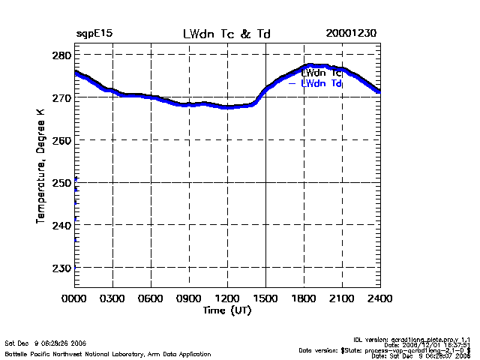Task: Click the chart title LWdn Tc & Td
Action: [x=226, y=34]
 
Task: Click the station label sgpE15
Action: [x=94, y=34]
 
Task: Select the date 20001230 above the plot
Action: [x=351, y=34]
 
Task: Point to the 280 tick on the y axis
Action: [x=61, y=56]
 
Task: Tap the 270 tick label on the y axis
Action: [x=61, y=98]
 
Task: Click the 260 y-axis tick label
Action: [x=61, y=140]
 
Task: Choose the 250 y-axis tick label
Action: [x=61, y=182]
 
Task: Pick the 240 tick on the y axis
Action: [x=61, y=225]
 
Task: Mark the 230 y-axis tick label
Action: [x=61, y=267]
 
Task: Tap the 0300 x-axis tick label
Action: [x=112, y=299]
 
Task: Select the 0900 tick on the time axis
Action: [x=189, y=299]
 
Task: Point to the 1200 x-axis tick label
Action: [x=227, y=299]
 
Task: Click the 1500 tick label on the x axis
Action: [x=265, y=299]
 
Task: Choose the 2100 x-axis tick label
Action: [x=342, y=299]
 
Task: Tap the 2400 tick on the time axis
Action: [x=380, y=299]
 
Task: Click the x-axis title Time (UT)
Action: [x=226, y=310]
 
